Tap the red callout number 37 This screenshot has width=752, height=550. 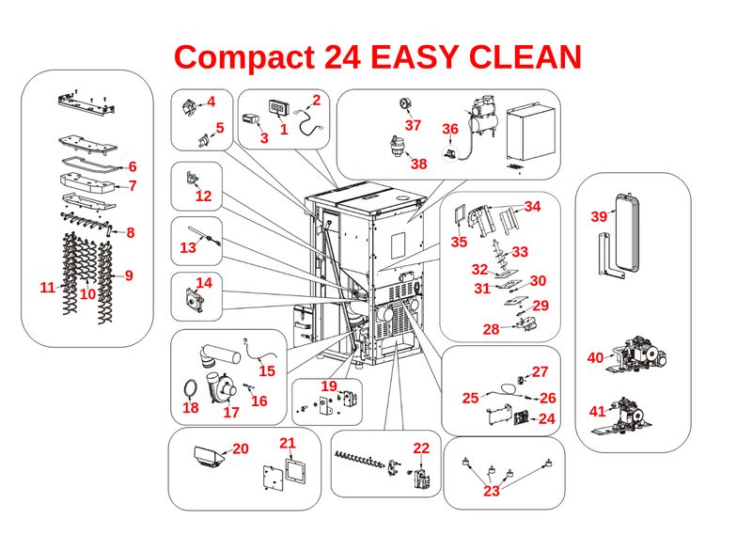click(413, 125)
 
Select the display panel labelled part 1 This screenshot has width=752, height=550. click(278, 108)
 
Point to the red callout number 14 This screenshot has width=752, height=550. click(204, 282)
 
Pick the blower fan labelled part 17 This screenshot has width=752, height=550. click(226, 385)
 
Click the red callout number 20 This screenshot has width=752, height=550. click(241, 449)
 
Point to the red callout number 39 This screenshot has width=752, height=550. click(599, 216)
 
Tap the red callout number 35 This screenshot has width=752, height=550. click(459, 242)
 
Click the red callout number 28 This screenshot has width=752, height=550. click(491, 329)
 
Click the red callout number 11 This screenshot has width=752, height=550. click(48, 288)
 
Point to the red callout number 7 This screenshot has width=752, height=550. click(133, 186)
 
